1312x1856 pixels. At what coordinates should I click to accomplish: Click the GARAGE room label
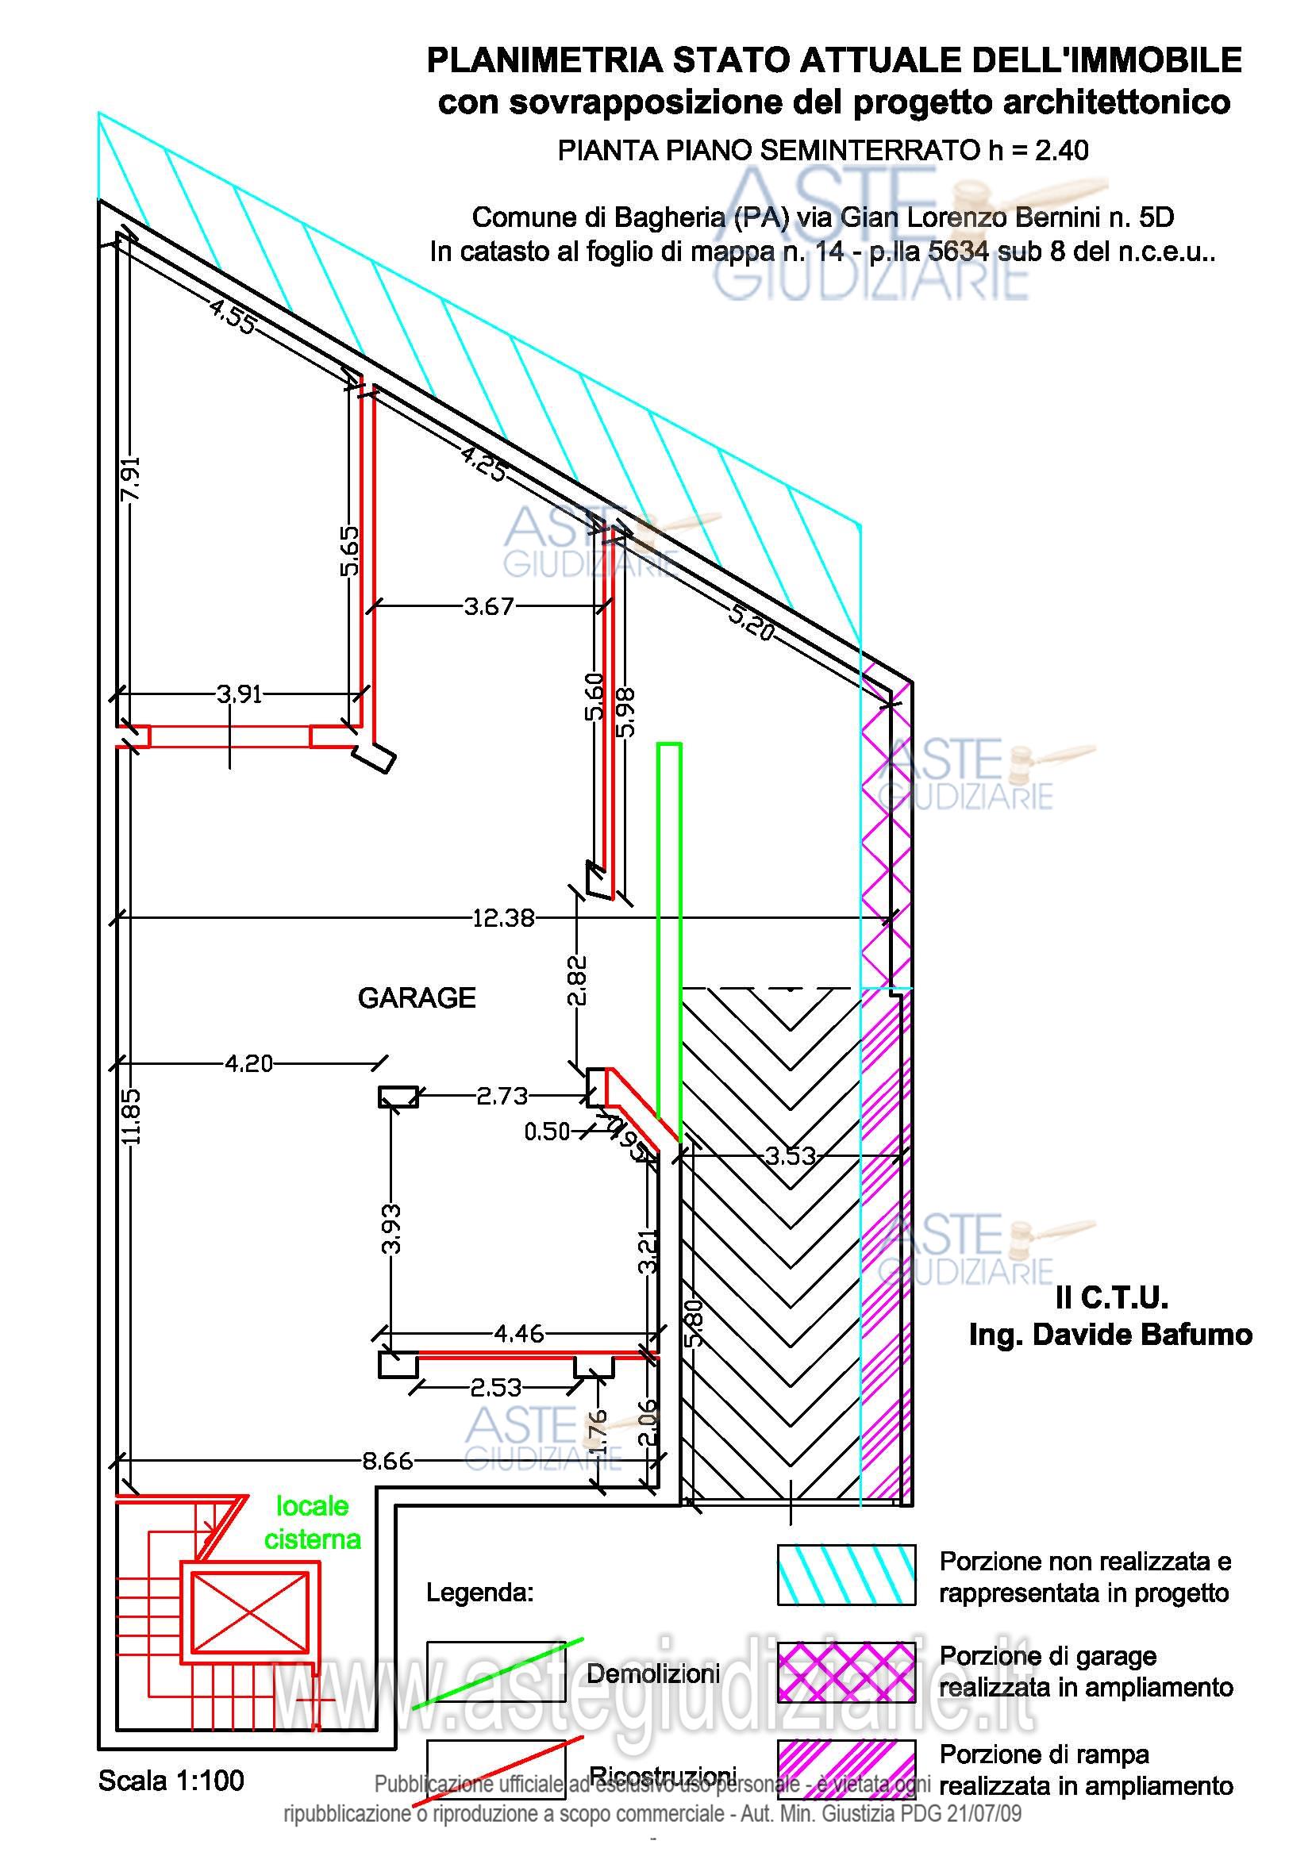417,998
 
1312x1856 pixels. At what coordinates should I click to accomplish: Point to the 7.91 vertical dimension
132,478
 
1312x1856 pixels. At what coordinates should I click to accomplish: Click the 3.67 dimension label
488,606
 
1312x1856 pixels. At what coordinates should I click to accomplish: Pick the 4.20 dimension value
249,1064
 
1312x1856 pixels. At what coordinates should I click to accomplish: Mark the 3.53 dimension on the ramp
791,1156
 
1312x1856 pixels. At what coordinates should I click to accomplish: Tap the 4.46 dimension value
519,1333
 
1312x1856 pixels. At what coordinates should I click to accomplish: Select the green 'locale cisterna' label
312,1522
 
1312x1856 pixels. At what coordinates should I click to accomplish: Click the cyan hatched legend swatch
846,1574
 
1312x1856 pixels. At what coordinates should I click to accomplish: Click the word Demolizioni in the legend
653,1673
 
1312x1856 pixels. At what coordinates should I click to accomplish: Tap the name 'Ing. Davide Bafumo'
1110,1335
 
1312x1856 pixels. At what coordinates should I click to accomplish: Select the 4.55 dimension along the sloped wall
233,316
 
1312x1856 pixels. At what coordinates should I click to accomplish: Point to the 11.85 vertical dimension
132,1116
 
